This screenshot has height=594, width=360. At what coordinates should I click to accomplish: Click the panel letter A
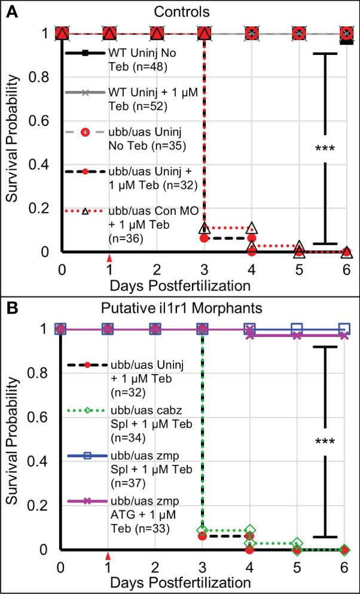coord(10,10)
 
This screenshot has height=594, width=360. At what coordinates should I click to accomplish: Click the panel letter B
coord(10,307)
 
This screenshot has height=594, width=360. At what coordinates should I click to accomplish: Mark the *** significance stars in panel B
coord(325,443)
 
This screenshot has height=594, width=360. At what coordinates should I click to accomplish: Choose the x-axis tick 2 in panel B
coord(155,565)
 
